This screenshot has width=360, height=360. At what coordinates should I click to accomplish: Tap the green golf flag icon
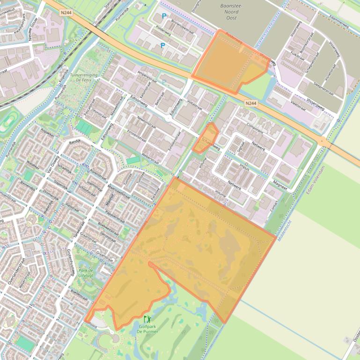[x=147, y=320]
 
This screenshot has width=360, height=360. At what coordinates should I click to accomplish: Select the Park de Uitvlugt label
[x=86, y=273]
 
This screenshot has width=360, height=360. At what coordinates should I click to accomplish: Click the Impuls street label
[x=244, y=167]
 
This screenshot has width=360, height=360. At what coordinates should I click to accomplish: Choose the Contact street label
[x=275, y=206]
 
